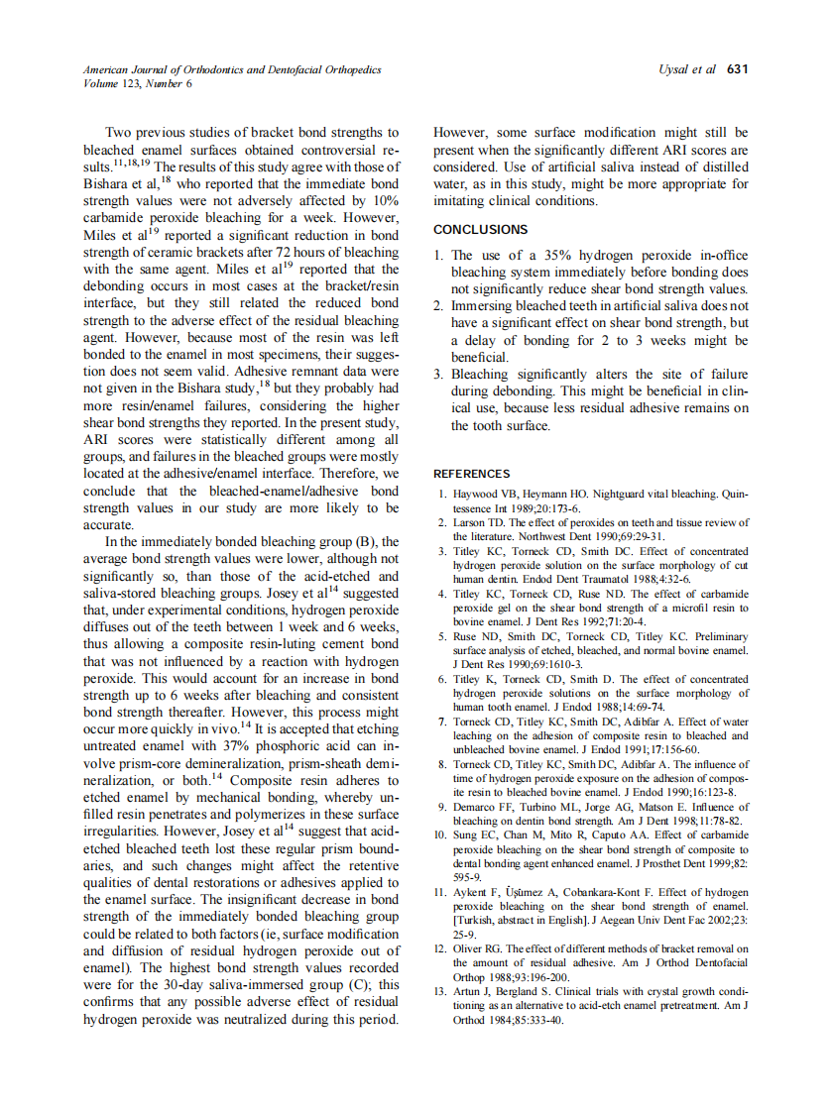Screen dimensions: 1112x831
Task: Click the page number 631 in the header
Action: [x=737, y=69]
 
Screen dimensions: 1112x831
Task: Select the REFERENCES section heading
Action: [x=472, y=474]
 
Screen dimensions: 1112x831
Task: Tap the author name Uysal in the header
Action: [x=675, y=69]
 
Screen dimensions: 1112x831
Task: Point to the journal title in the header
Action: [x=232, y=69]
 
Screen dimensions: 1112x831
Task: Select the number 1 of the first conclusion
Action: [x=439, y=256]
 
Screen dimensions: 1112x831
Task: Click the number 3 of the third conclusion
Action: [x=439, y=375]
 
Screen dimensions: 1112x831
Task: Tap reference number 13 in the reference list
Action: [x=442, y=990]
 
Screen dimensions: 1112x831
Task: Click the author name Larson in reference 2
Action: [x=470, y=522]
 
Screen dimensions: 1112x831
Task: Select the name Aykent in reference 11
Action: [x=472, y=893]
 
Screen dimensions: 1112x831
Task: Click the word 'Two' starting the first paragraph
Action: [x=119, y=132]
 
